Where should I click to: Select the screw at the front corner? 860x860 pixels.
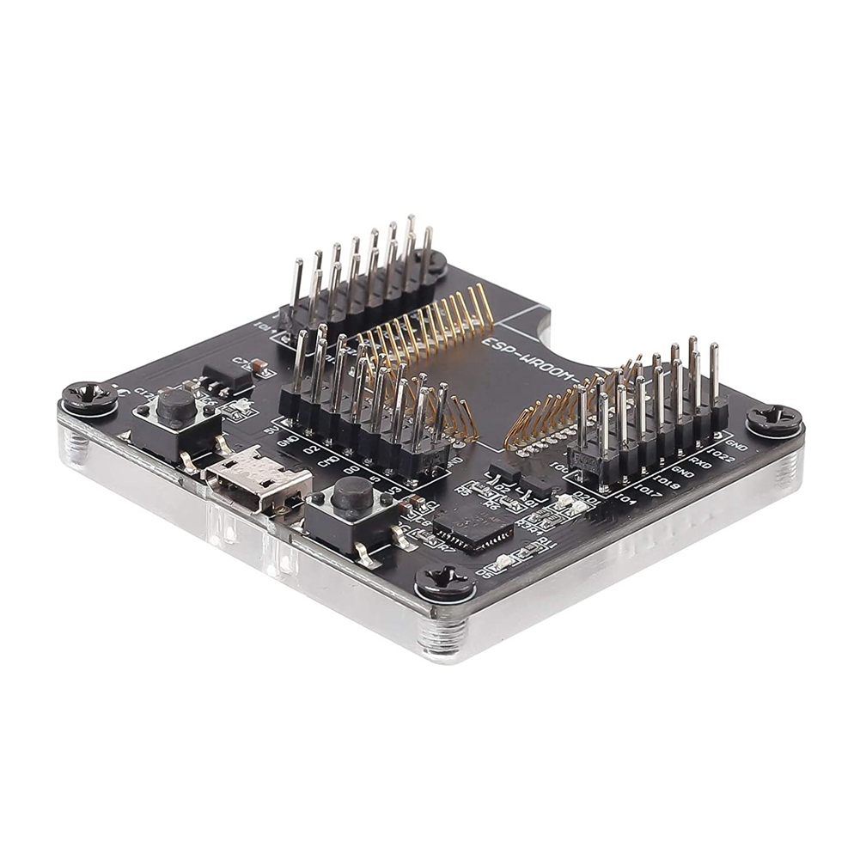pyautogui.click(x=444, y=583)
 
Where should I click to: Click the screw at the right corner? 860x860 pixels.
pyautogui.click(x=773, y=421)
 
